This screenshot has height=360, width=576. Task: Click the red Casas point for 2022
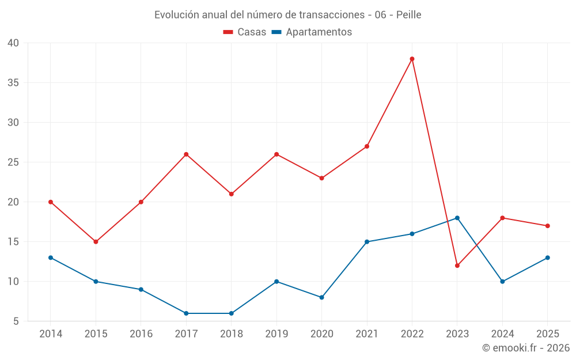(412, 59)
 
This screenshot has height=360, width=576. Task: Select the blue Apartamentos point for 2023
(457, 218)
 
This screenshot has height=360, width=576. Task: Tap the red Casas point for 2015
(96, 242)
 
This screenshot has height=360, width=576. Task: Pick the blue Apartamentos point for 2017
(186, 313)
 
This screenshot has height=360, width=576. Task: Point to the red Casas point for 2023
(457, 266)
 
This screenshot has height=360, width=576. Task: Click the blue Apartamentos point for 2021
(367, 242)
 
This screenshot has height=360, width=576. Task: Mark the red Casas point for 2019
(276, 154)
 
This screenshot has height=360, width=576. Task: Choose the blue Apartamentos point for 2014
(51, 257)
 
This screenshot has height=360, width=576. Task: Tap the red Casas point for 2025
(548, 226)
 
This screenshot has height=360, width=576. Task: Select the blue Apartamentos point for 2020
(322, 298)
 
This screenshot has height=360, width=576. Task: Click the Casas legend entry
(245, 32)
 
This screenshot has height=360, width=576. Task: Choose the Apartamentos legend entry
(312, 32)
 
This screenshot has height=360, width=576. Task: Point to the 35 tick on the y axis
(13, 82)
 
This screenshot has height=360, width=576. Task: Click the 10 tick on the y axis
(13, 282)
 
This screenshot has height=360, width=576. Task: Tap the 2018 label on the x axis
(232, 334)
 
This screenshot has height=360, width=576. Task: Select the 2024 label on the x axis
(502, 334)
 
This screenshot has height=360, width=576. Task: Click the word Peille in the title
(409, 15)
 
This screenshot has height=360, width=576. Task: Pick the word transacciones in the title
(332, 15)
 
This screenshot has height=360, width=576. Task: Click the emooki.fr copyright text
(526, 348)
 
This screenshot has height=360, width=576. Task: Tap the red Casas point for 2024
(502, 218)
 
